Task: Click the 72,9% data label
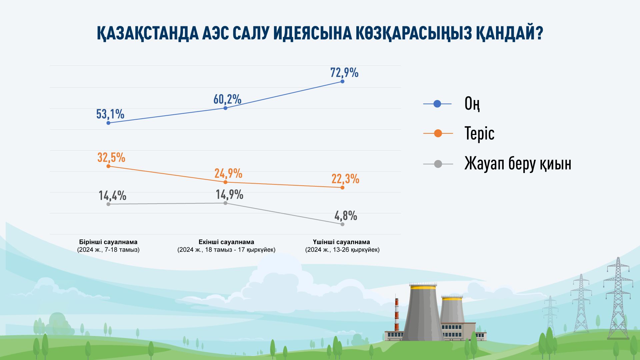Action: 344,72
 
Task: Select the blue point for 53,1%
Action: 108,123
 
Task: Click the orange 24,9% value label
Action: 228,173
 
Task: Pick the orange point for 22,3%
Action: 342,188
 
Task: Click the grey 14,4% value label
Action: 112,195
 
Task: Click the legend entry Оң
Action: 472,104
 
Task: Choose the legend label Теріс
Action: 479,134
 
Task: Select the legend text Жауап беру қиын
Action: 517,164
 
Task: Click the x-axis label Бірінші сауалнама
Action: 108,242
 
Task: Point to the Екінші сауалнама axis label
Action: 226,242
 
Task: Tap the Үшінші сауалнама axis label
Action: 342,242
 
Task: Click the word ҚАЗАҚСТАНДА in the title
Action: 147,33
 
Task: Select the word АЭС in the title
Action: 216,33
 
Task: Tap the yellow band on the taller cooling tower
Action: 423,287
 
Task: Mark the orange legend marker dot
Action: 438,134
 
